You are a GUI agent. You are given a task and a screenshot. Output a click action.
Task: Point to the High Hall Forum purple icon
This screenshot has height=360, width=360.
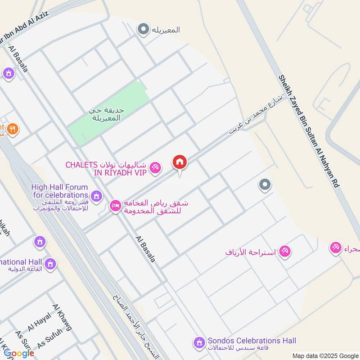pos(95,196)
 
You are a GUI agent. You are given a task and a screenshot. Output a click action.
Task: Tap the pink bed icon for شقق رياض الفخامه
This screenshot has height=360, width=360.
pos(115,206)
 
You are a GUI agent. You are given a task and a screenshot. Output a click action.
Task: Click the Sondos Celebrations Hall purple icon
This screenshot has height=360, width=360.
pos(198,343)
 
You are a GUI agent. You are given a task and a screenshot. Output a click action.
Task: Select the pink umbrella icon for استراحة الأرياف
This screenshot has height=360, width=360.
pos(284,251)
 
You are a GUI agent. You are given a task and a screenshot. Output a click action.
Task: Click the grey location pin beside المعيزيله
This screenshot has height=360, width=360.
pos(143,30)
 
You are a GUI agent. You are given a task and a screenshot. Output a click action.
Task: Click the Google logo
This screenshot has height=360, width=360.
pos(19,353)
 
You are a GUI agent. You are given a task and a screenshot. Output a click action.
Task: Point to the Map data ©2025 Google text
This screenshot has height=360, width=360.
pos(324,355)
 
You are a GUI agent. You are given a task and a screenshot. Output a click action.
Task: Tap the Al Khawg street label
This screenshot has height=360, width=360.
pos(62,317)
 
